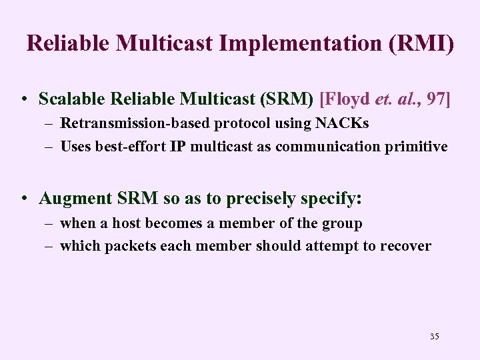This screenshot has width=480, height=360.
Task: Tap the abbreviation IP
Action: click(x=178, y=146)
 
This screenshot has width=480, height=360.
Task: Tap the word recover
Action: click(x=405, y=246)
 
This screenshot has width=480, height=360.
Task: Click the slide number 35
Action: click(x=434, y=336)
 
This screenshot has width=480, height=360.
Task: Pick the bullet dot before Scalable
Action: click(x=23, y=100)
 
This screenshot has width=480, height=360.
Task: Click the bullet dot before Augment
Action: click(x=23, y=199)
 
